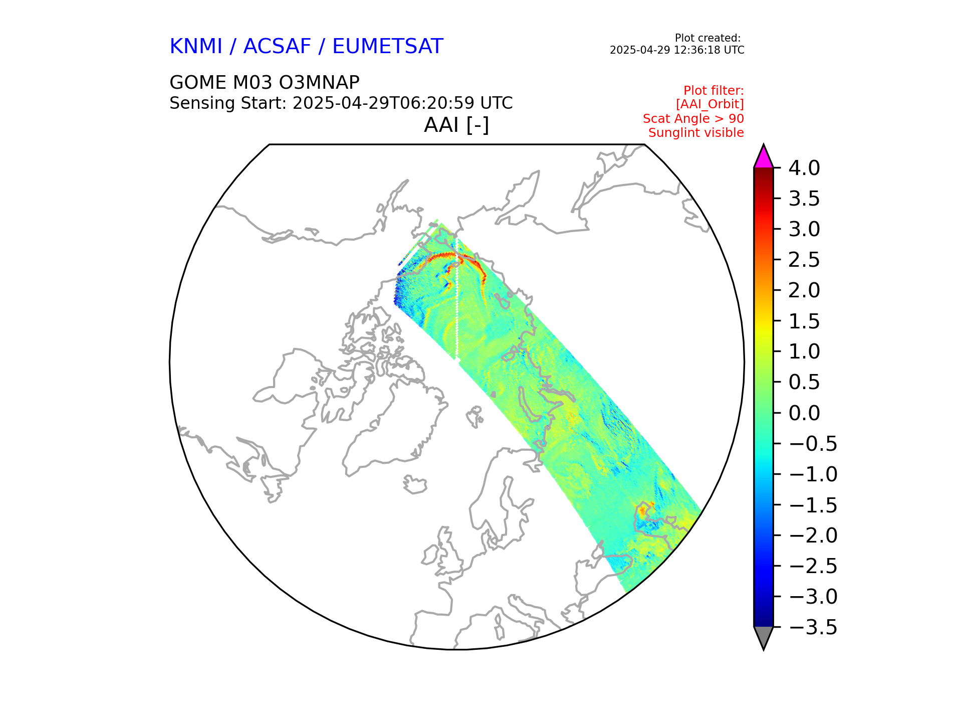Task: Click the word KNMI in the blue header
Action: point(195,47)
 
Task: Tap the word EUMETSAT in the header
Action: point(387,47)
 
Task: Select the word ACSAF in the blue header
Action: point(277,47)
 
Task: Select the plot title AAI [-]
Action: point(456,125)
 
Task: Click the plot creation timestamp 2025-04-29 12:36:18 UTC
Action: point(676,50)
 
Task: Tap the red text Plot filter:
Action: point(713,91)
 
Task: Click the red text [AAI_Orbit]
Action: point(709,104)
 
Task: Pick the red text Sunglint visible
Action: point(696,133)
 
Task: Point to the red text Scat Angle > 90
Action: point(693,119)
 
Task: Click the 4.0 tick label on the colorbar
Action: point(804,168)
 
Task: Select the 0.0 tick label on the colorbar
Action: point(804,413)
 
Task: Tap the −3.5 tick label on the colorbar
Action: point(812,627)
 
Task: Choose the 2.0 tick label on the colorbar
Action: point(804,290)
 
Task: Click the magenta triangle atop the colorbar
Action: point(763,157)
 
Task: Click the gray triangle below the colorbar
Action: point(763,636)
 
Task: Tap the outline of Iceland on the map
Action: point(415,485)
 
